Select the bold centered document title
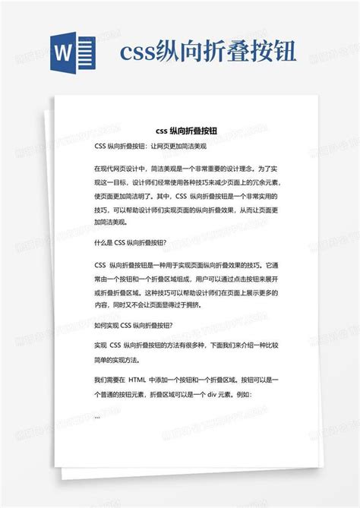180,130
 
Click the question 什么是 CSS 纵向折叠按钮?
131,243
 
